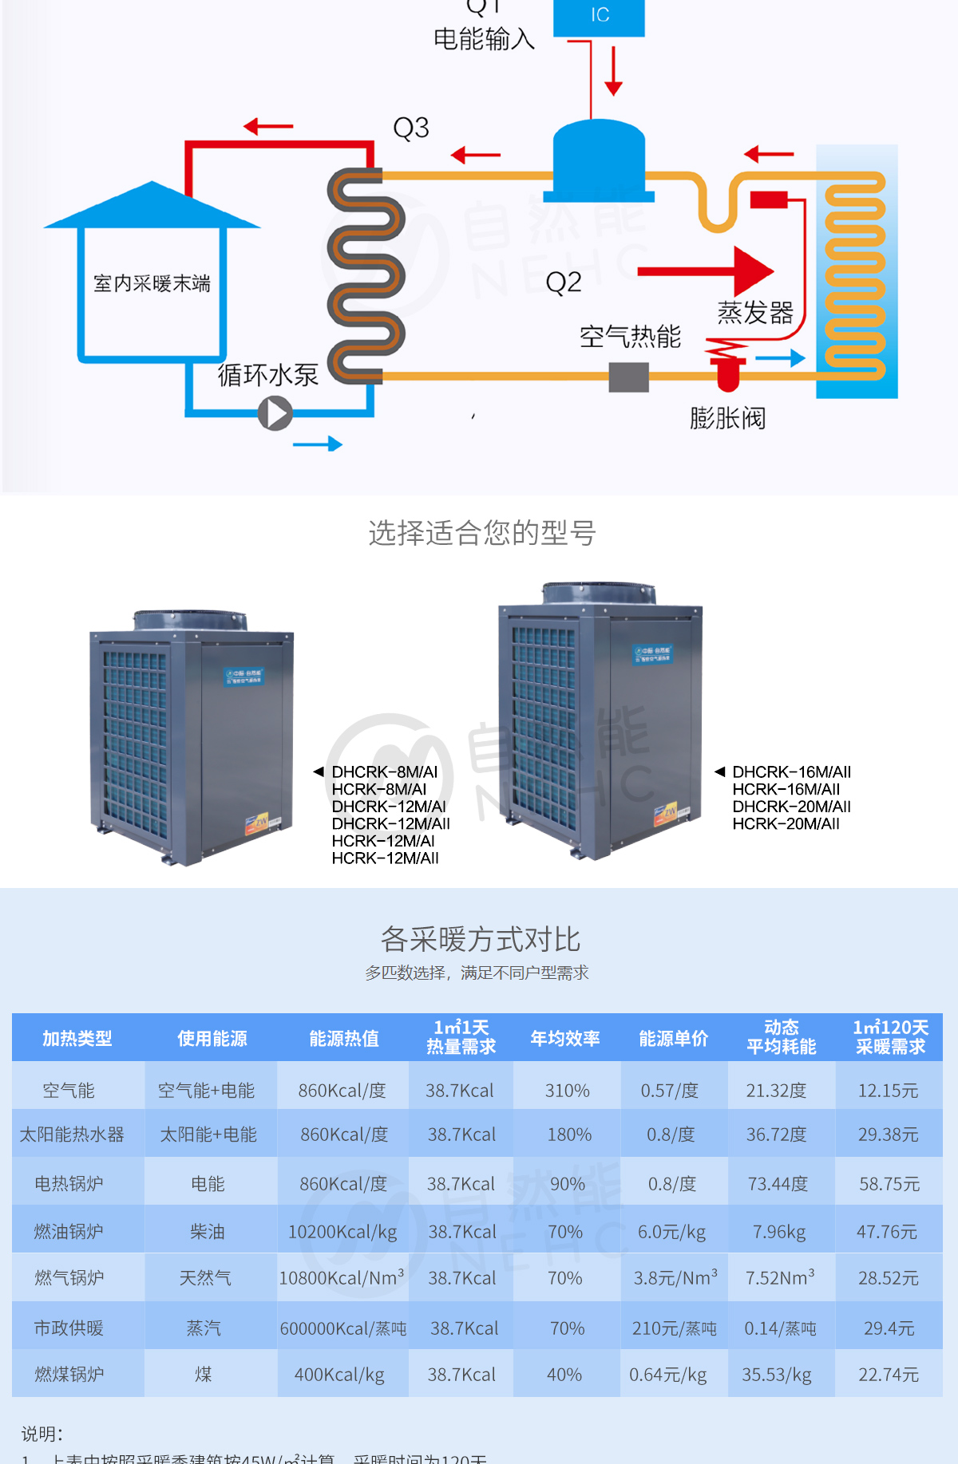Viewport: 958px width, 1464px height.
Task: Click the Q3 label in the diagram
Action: coord(411,128)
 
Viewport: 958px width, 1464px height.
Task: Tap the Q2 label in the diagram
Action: coord(564,282)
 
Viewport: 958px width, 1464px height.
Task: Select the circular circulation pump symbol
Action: coord(275,413)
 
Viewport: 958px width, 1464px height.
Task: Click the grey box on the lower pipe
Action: coord(629,377)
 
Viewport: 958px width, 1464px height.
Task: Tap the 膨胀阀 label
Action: coord(727,418)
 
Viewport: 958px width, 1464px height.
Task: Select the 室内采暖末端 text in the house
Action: coord(152,283)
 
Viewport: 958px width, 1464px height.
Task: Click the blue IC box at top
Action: coord(600,16)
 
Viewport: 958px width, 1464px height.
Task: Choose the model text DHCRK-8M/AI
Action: coord(385,772)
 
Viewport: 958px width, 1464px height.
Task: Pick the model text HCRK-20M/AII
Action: coord(786,824)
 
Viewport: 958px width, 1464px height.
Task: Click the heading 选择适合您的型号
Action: coord(482,533)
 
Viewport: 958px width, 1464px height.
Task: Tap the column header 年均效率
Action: coord(565,1038)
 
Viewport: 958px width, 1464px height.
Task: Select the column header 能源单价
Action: coord(674,1038)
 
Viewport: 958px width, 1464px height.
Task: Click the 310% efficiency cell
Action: coord(568,1091)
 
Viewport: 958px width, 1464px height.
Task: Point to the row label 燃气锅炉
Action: coord(69,1278)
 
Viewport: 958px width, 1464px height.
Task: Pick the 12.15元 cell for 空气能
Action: coord(888,1091)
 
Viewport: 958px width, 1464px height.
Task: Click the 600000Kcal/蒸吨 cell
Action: coord(343,1328)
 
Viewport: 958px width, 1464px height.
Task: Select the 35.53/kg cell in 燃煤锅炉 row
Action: coord(777,1375)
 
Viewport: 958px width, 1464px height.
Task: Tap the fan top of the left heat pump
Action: coord(189,620)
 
